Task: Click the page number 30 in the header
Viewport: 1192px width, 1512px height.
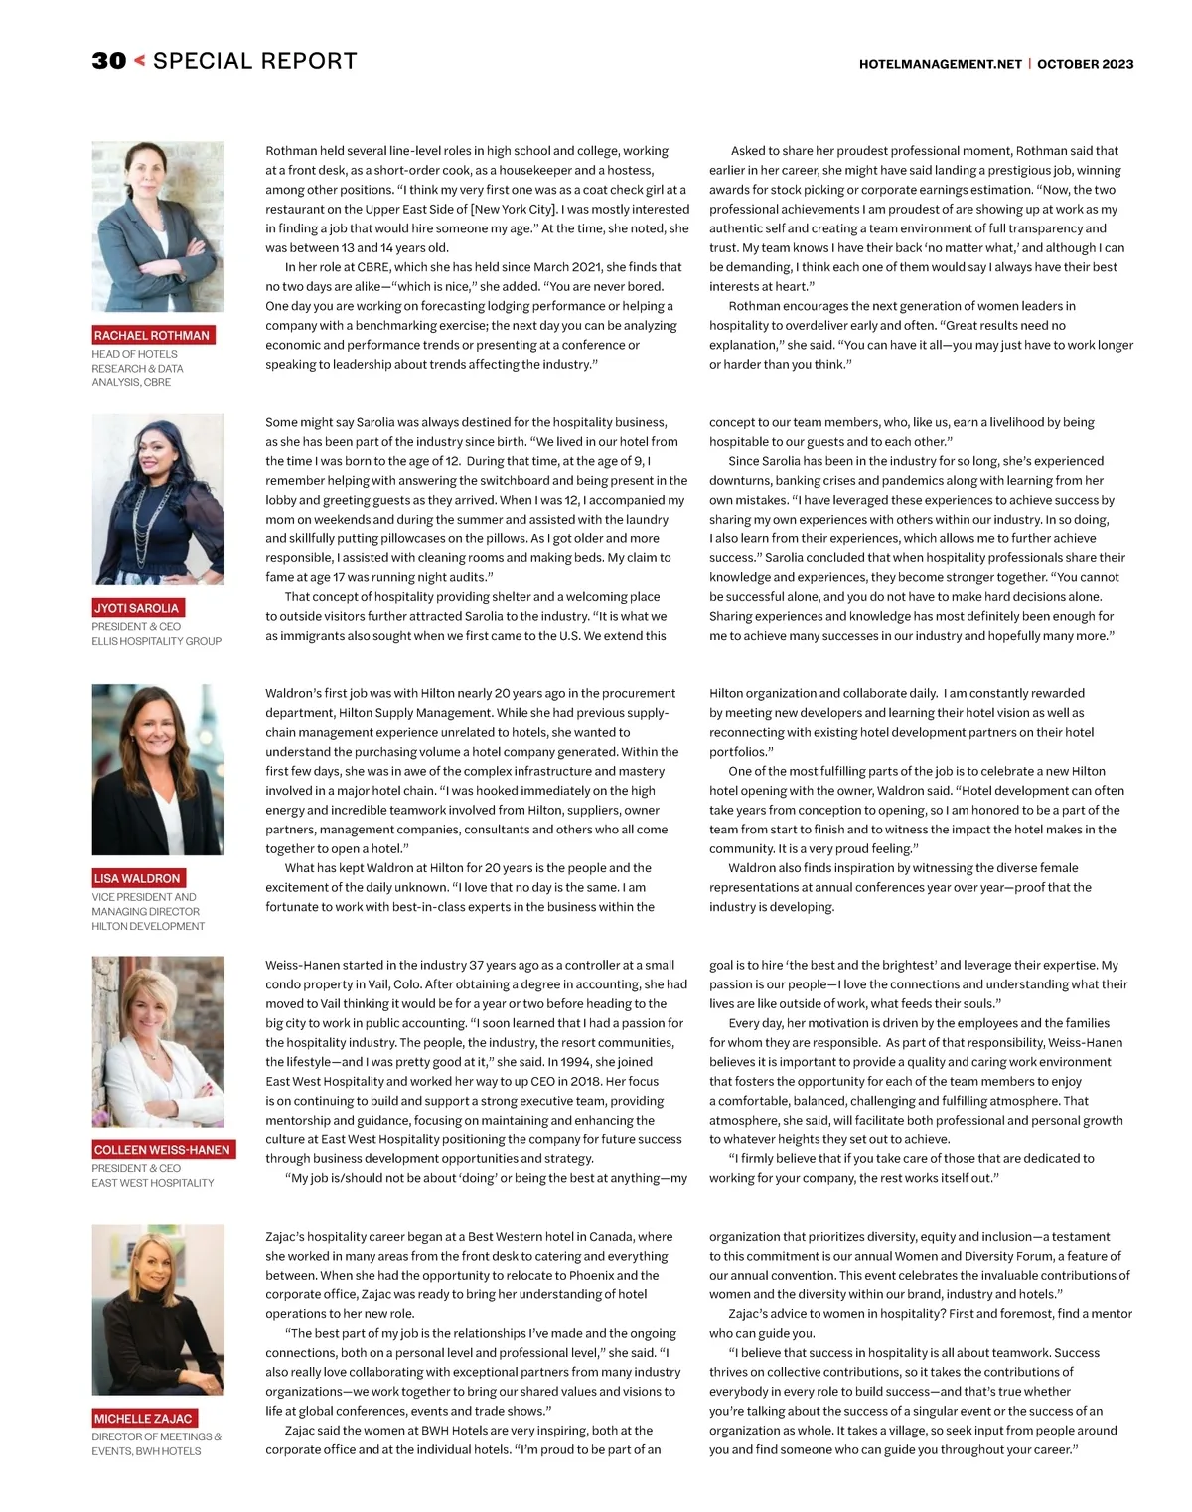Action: click(x=109, y=61)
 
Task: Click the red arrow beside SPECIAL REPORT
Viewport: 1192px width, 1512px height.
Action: click(x=139, y=61)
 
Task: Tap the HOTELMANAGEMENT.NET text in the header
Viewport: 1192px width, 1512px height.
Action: click(x=940, y=64)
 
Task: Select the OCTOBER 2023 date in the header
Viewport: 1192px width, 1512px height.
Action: click(x=1085, y=64)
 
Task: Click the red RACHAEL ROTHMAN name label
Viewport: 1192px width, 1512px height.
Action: click(x=152, y=336)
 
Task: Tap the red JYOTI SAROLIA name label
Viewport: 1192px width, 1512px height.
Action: click(x=137, y=608)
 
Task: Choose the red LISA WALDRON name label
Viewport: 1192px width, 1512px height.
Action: click(x=137, y=879)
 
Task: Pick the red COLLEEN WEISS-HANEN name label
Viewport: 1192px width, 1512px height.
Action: click(x=162, y=1150)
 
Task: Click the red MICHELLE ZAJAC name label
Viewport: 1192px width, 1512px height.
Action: click(x=143, y=1419)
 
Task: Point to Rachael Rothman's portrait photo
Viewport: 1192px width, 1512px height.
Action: click(x=158, y=227)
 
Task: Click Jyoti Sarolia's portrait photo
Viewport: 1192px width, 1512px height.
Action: click(x=158, y=500)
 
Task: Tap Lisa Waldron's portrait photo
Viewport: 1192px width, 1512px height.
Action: click(x=158, y=770)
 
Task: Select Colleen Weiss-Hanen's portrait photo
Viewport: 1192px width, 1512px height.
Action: click(x=158, y=1042)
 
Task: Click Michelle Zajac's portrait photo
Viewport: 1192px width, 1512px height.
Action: click(x=158, y=1309)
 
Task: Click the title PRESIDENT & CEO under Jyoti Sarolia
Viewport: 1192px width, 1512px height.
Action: click(x=136, y=627)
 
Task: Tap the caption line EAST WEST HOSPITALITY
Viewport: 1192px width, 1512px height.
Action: click(x=152, y=1183)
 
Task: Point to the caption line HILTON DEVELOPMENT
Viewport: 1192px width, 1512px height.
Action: click(x=148, y=926)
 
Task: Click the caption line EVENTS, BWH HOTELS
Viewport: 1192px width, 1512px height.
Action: click(x=146, y=1451)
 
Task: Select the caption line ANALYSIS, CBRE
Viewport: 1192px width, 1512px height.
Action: click(x=131, y=382)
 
